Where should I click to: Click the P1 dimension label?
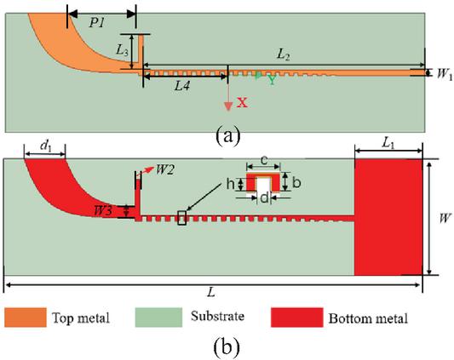tap(96, 23)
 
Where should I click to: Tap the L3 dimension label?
tap(122, 50)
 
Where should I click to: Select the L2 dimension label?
tap(283, 54)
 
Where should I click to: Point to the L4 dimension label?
tap(181, 86)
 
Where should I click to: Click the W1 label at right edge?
tap(445, 74)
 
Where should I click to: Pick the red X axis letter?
tap(243, 102)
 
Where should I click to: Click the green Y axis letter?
tap(272, 80)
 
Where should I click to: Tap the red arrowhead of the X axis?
tap(228, 106)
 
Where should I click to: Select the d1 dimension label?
tap(46, 146)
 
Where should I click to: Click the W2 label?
tap(165, 170)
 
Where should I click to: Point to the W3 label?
tap(102, 211)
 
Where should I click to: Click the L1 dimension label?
tap(388, 144)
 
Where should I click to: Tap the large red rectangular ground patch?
tap(388, 217)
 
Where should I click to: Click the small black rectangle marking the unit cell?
tap(181, 218)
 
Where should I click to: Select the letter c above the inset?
tap(263, 161)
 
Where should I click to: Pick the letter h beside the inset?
tap(230, 184)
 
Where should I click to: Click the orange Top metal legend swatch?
tap(26, 317)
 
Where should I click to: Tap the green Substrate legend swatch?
tap(158, 317)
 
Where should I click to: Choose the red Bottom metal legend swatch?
tap(296, 317)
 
